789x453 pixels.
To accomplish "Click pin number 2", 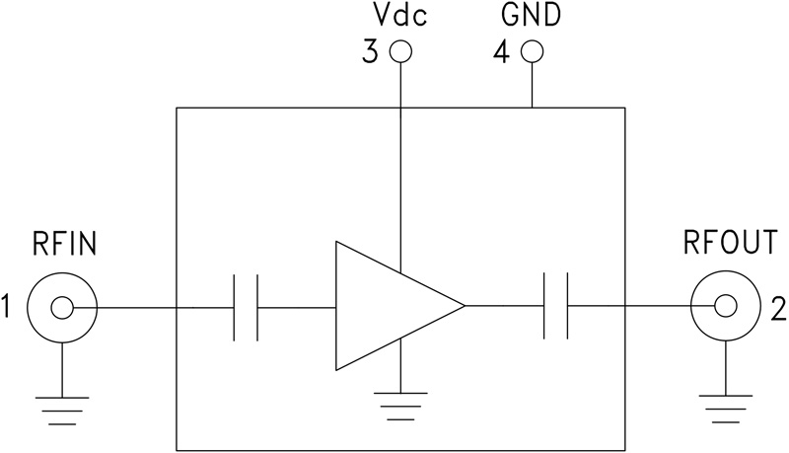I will click(x=777, y=309).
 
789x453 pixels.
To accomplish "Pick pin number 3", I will click(x=370, y=52).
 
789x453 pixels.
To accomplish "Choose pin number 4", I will click(x=501, y=52).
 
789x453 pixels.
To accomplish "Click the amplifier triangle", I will click(x=390, y=306).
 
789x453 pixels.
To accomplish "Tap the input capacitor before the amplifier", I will click(x=245, y=307).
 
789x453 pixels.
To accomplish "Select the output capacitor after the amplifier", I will click(x=556, y=307).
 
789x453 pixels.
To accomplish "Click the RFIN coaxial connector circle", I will click(x=61, y=309).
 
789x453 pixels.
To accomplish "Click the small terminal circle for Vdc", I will click(x=399, y=52).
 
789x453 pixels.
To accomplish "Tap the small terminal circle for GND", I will click(x=532, y=52).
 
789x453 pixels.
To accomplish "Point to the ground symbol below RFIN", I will click(x=61, y=406).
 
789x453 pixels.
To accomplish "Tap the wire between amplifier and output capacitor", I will click(x=503, y=307).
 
